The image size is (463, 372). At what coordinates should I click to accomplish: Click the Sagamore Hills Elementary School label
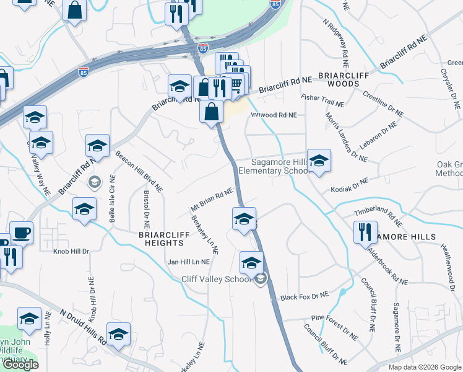pos(273,166)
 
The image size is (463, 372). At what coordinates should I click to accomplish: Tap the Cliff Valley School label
pos(216,280)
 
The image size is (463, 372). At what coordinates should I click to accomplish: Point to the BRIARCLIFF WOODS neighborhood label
pos(338,83)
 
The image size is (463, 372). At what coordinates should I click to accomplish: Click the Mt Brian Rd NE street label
pos(211,199)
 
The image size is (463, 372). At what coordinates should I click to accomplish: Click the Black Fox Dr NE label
pos(303,297)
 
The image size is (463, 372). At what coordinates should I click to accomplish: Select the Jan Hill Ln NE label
pos(189,262)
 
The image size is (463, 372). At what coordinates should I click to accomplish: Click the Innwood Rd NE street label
pos(274,115)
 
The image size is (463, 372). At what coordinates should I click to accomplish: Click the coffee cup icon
pos(22,233)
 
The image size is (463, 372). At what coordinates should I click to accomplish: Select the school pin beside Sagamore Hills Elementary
pos(319,161)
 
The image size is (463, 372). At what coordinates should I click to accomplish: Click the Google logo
pos(20,365)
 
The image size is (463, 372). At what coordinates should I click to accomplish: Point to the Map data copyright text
pos(425,367)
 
